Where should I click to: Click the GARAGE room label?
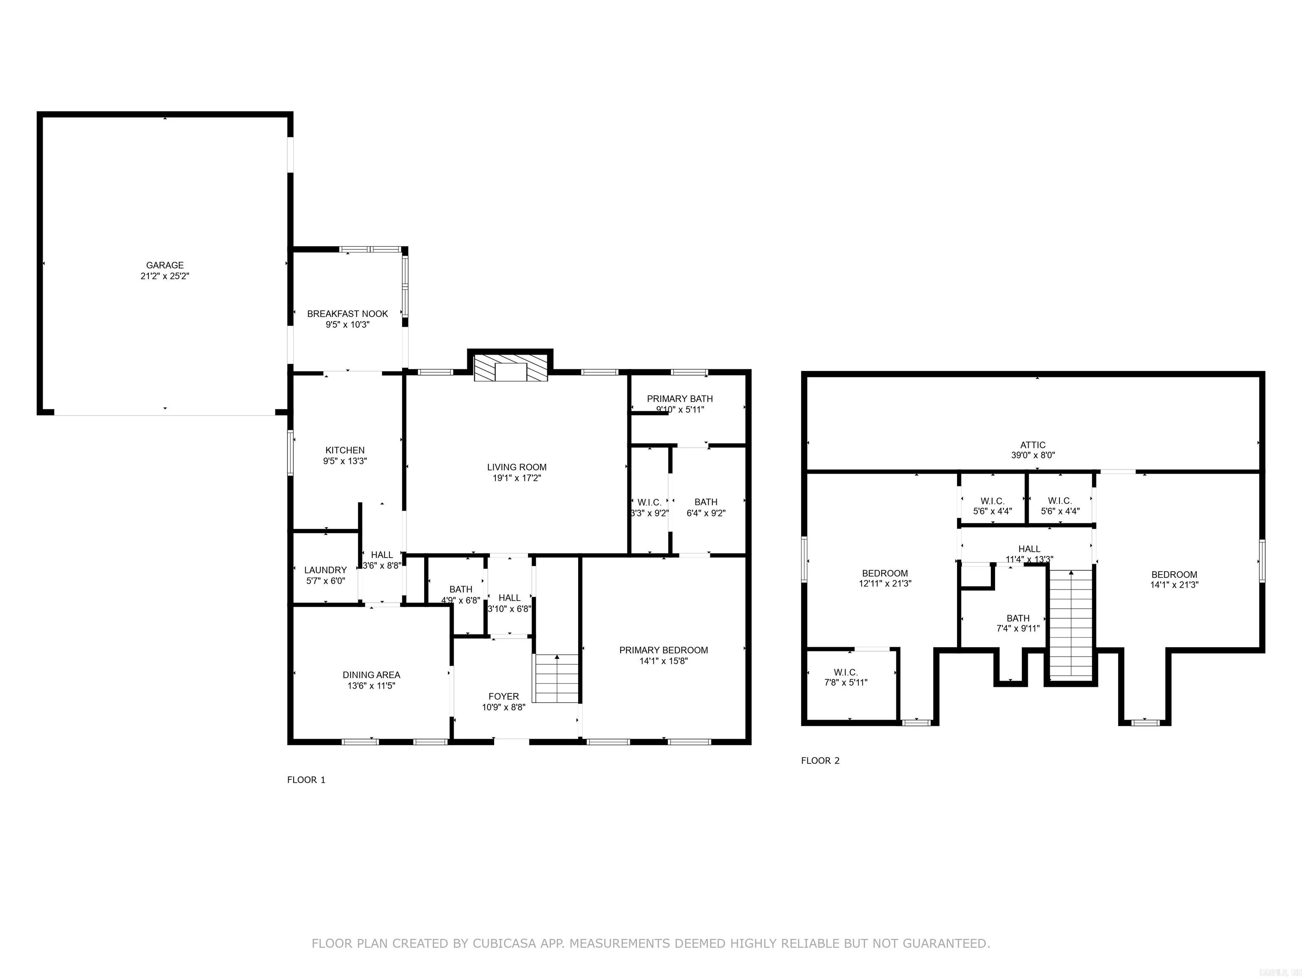click(x=165, y=265)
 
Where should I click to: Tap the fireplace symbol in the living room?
click(x=510, y=368)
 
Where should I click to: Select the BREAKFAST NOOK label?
click(x=347, y=314)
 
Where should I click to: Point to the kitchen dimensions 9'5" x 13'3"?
click(x=345, y=461)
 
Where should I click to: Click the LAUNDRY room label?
click(x=325, y=570)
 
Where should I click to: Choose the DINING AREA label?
click(x=371, y=675)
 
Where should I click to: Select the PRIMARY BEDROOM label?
click(x=663, y=650)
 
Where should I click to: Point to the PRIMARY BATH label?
click(x=680, y=399)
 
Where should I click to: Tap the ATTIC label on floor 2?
click(x=1033, y=445)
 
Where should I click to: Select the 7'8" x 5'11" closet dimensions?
click(x=846, y=683)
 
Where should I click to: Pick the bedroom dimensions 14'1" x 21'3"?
click(x=1174, y=585)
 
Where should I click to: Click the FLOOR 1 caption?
click(x=306, y=780)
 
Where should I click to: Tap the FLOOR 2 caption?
click(x=820, y=760)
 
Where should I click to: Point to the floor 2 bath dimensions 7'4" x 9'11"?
click(x=1018, y=628)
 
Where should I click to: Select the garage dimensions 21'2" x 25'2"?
click(x=165, y=276)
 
